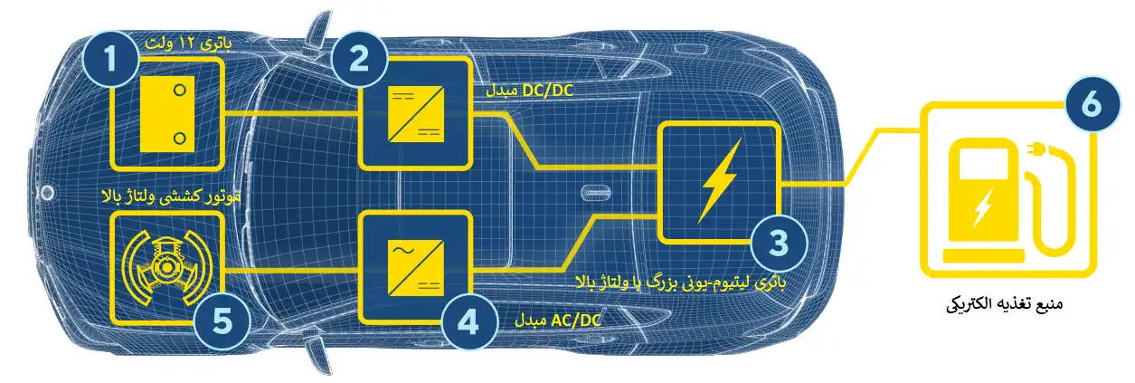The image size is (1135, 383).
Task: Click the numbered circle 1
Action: point(111,58)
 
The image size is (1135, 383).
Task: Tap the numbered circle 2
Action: point(359,58)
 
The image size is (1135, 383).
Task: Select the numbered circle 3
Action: point(779,243)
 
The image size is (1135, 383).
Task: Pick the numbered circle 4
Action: point(468,321)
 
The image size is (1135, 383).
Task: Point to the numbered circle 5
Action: point(222,321)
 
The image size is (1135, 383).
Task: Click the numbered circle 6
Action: point(1092,103)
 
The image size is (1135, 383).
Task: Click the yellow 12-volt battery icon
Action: point(166,114)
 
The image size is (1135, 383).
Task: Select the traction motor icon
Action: point(166,267)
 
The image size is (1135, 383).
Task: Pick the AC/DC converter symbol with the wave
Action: point(416,267)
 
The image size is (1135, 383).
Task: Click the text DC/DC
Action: point(547,91)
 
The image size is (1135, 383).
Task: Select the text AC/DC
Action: point(575,321)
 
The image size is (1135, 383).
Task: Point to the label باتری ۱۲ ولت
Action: point(188,43)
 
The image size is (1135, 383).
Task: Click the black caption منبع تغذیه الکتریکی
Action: point(1004,304)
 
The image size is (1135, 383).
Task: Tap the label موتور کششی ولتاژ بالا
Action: point(171,196)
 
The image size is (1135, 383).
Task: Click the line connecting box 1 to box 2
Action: point(291,112)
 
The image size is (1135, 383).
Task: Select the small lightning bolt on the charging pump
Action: point(982,207)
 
